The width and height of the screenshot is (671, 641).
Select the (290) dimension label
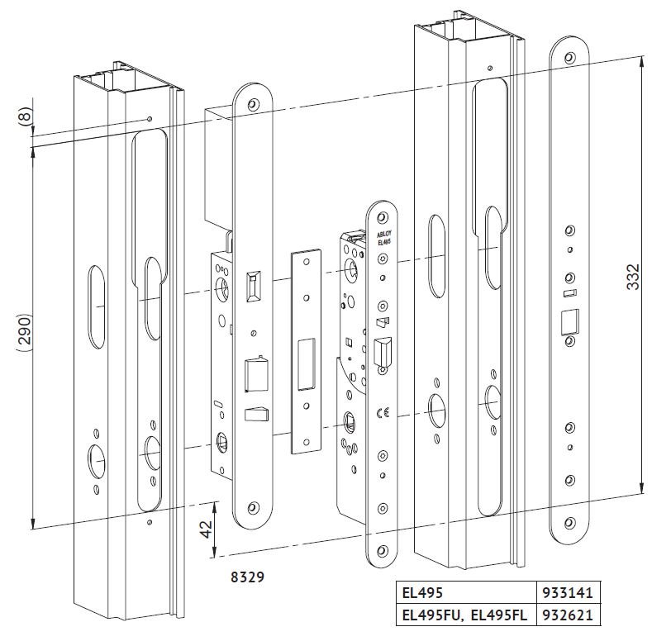coord(24,332)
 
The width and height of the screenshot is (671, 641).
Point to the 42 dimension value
coord(206,528)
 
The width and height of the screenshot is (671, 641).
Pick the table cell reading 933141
coord(567,592)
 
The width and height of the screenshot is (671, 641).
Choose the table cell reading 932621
coord(567,615)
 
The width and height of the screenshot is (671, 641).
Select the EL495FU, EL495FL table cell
coord(463,615)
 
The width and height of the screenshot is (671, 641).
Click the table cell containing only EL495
coord(463,592)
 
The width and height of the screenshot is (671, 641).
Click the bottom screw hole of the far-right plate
coord(569,520)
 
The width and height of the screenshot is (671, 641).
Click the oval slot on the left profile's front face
coord(96,306)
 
